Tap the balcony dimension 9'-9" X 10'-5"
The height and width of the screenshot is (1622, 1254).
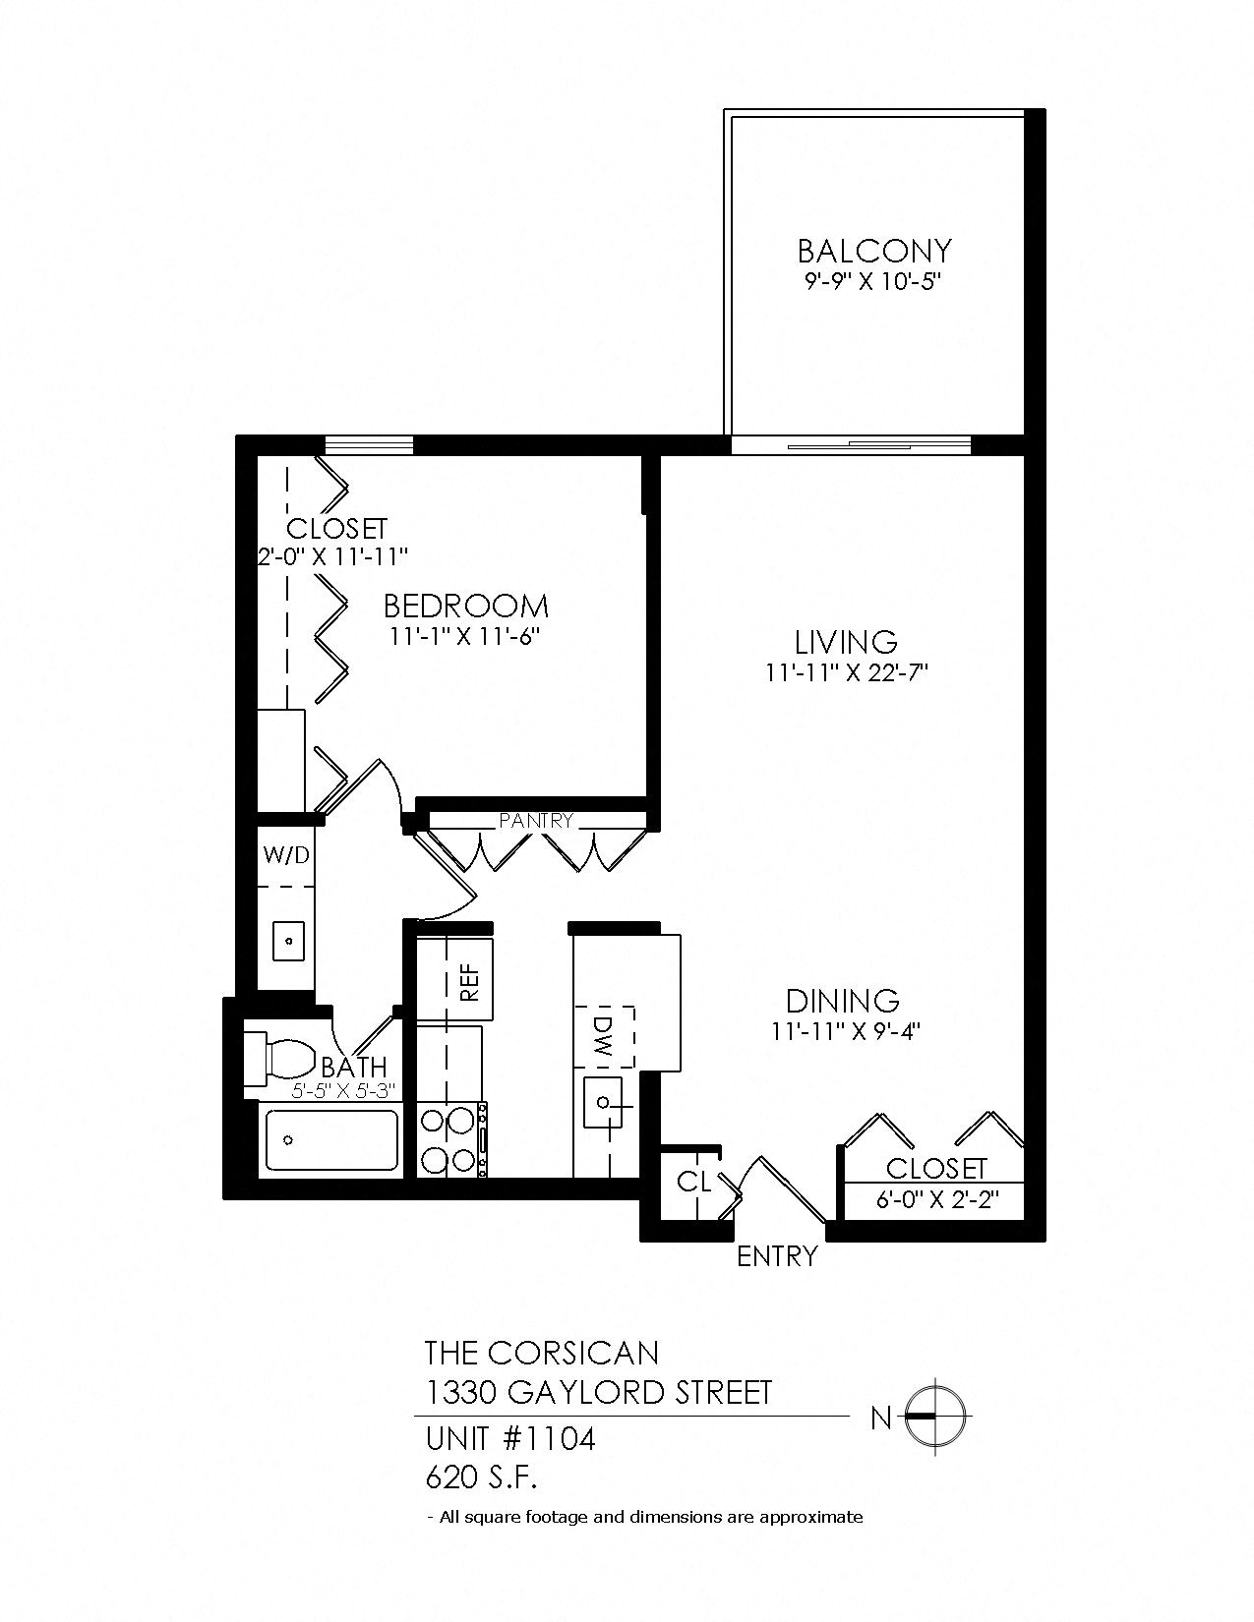[x=873, y=282]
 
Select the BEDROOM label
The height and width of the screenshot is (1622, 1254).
[x=465, y=605]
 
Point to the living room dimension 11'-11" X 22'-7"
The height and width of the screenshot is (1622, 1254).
[x=846, y=673]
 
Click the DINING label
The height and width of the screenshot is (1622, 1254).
[x=843, y=1001]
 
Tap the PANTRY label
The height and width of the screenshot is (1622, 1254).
[x=535, y=820]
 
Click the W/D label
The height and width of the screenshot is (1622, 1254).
[x=286, y=855]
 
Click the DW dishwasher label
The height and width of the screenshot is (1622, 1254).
[x=604, y=1037]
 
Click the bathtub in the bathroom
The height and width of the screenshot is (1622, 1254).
[x=331, y=1140]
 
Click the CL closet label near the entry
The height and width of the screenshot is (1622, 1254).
[x=693, y=1182]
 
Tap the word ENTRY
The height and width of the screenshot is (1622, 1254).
[x=777, y=1256]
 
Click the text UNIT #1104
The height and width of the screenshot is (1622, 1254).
[x=510, y=1439]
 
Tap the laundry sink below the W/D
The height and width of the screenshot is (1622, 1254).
[x=288, y=941]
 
